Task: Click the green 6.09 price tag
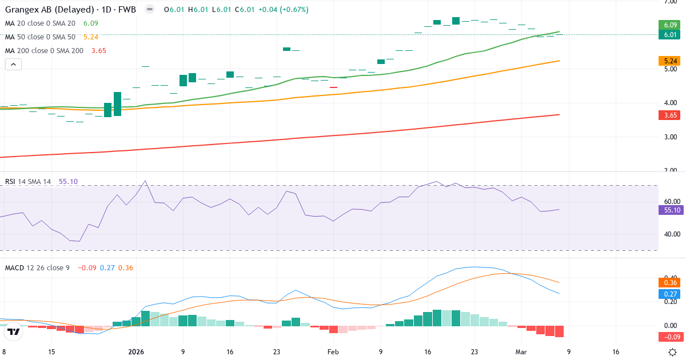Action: pyautogui.click(x=671, y=25)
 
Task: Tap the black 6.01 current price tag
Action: pyautogui.click(x=671, y=35)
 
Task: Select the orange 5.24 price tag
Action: pyautogui.click(x=671, y=61)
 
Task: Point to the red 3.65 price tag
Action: pyautogui.click(x=671, y=115)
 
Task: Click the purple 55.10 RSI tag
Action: pyautogui.click(x=671, y=210)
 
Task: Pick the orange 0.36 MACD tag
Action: pyautogui.click(x=671, y=282)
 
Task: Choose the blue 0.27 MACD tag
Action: pyautogui.click(x=671, y=293)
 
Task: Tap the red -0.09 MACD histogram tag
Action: pyautogui.click(x=671, y=337)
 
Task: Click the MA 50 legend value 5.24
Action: pyautogui.click(x=91, y=37)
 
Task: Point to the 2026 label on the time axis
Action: pyautogui.click(x=137, y=352)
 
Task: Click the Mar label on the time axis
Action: pyautogui.click(x=521, y=352)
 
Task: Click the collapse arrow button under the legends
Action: pyautogui.click(x=13, y=64)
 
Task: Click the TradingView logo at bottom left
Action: pyautogui.click(x=14, y=331)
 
